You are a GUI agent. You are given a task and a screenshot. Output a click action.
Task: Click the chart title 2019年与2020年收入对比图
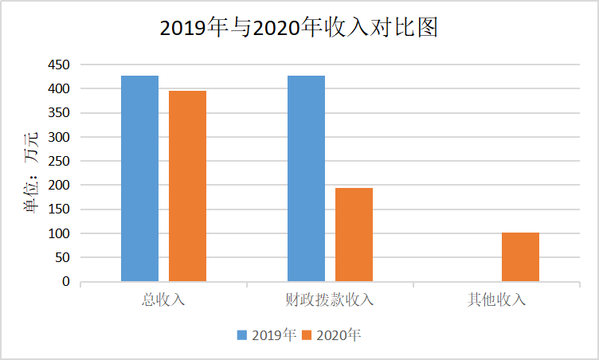(x=299, y=28)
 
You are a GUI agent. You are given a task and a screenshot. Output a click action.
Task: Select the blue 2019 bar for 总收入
(x=139, y=178)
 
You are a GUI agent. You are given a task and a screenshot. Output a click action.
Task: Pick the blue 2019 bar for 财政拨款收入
(x=306, y=178)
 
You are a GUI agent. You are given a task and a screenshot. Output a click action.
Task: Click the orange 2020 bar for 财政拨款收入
(x=354, y=234)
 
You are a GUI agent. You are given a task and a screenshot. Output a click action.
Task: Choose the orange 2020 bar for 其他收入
(x=520, y=256)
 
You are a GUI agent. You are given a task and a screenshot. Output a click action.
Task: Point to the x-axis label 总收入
(x=163, y=300)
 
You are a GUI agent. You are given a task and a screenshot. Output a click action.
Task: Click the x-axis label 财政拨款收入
(x=330, y=300)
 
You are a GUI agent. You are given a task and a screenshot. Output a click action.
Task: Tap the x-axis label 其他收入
(x=496, y=300)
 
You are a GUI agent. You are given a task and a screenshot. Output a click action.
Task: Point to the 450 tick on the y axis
(x=59, y=65)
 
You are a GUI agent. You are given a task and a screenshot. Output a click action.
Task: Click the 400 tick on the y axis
(x=59, y=88)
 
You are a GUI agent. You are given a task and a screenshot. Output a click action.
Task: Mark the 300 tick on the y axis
(x=59, y=137)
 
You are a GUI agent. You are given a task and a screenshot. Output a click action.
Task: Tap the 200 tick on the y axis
(x=59, y=186)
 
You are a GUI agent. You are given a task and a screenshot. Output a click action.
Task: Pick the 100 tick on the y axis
(x=59, y=234)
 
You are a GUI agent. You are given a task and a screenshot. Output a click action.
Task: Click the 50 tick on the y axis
(x=62, y=258)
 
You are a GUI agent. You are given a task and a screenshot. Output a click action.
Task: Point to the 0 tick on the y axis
(x=65, y=282)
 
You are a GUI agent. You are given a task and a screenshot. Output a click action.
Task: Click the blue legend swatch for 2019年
(x=241, y=335)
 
